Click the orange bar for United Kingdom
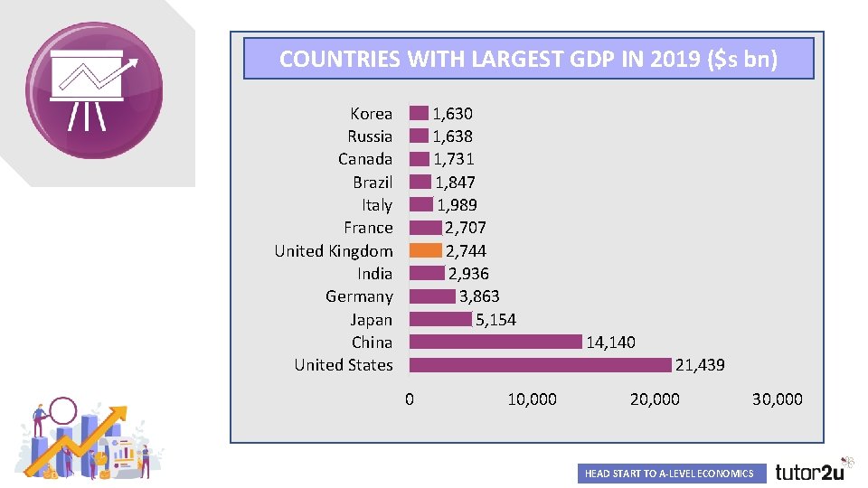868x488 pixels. (x=425, y=250)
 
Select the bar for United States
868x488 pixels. (x=540, y=364)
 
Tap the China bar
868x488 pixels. (x=495, y=342)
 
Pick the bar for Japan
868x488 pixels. (x=440, y=319)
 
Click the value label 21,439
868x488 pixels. (x=700, y=365)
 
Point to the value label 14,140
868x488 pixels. (x=610, y=343)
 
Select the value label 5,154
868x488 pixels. (x=495, y=319)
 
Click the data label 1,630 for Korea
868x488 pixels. (x=452, y=114)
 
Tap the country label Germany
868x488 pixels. (x=359, y=296)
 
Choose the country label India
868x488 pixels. (x=374, y=274)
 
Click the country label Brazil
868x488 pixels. (x=373, y=183)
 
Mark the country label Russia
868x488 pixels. (x=370, y=136)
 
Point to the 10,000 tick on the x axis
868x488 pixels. (x=532, y=399)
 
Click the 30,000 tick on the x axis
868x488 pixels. (x=777, y=399)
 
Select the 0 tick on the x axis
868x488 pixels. (x=410, y=399)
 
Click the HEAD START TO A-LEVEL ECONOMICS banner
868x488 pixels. (x=669, y=474)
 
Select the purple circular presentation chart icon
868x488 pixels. (x=94, y=89)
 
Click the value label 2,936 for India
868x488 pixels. (x=468, y=274)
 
